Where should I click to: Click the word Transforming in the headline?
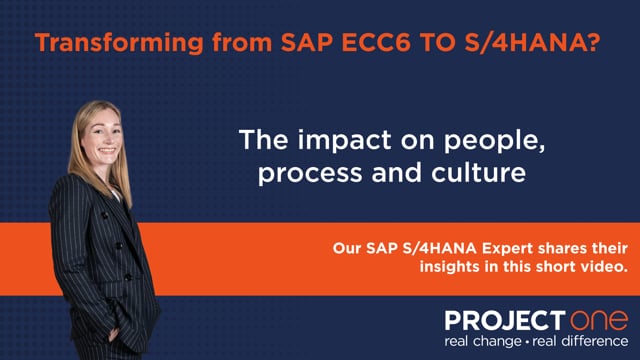(x=119, y=43)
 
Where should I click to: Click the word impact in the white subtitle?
(x=345, y=140)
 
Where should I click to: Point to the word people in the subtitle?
(x=494, y=141)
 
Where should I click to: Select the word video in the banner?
(x=607, y=267)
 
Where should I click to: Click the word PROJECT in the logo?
(x=505, y=320)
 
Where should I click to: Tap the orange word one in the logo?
(x=599, y=320)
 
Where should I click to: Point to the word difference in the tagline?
(x=595, y=341)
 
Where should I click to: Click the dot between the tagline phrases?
(x=528, y=342)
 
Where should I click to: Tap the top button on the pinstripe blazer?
(x=105, y=215)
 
